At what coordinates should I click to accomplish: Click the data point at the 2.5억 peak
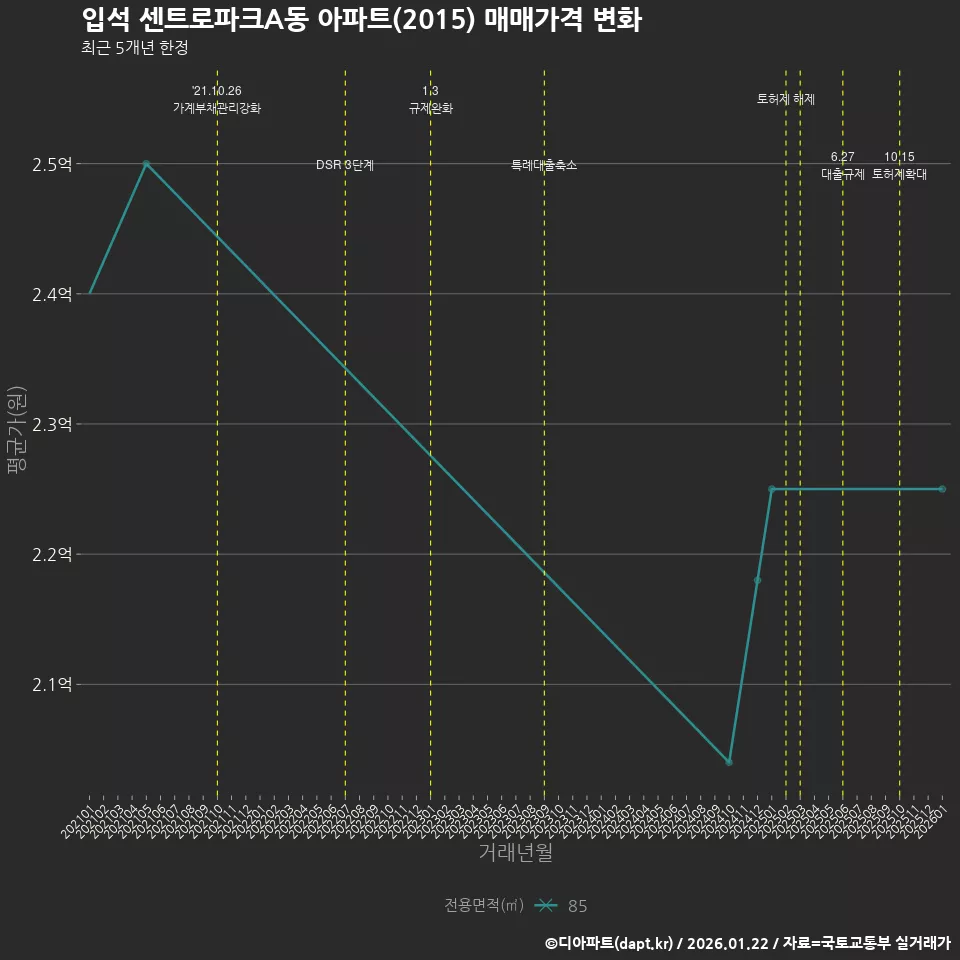pos(146,163)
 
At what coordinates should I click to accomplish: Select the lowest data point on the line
pos(729,762)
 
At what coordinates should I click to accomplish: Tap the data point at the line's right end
pos(942,489)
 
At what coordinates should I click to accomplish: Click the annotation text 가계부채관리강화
pos(217,108)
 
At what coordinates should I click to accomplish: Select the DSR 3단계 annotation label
pos(345,165)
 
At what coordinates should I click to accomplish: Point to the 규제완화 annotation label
pos(431,108)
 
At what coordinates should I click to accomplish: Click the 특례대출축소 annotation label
pos(544,165)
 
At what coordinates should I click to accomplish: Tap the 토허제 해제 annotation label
pos(786,99)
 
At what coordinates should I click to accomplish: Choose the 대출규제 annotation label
pos(843,174)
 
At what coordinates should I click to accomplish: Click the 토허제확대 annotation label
pos(900,174)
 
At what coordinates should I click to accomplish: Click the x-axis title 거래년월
pos(515,852)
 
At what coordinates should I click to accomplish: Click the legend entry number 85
pos(577,906)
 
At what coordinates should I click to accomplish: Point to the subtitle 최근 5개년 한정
pos(134,47)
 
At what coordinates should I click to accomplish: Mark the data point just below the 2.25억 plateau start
pos(757,580)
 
